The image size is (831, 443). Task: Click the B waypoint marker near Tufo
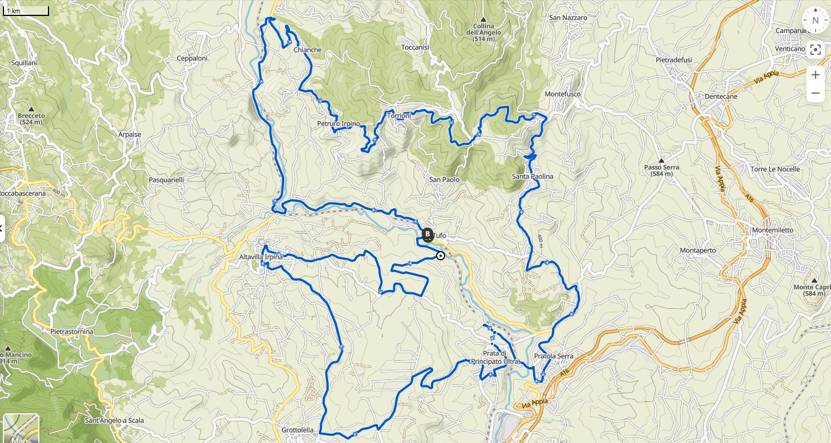coord(427,233)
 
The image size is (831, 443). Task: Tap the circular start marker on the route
coord(441,256)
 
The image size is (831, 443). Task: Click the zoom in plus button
coord(815,75)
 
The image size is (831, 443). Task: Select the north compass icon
coord(815,20)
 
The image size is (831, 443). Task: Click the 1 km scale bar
coord(26,11)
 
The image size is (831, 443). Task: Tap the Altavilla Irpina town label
coord(261,257)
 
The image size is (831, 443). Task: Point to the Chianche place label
coord(308,50)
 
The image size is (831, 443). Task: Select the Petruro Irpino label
coord(338,124)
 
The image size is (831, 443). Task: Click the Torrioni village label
coord(399,116)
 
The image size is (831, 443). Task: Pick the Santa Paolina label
coord(533,176)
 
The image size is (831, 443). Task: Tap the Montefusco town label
coord(562,94)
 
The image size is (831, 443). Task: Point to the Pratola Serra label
coord(554,356)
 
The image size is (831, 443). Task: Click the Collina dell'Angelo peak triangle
coord(483,19)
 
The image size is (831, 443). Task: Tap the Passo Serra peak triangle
coord(661,160)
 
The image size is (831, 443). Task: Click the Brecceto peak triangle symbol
coord(31,109)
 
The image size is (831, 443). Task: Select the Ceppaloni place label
coord(192,58)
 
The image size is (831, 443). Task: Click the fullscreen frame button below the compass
coord(815,50)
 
